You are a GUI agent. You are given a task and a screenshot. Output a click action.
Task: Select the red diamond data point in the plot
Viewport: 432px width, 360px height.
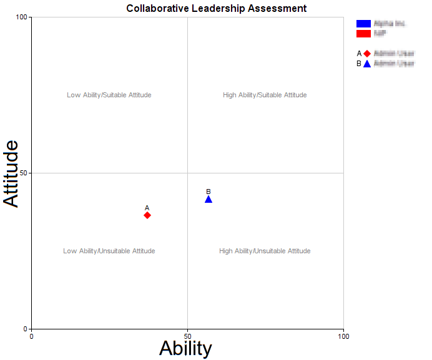click(x=147, y=215)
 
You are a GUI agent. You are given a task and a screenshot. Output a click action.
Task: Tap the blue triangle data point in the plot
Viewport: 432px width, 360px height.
click(x=209, y=199)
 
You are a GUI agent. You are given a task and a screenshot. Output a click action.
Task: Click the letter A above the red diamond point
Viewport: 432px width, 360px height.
click(x=147, y=208)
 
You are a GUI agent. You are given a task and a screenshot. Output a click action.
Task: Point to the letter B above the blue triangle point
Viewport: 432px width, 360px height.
click(x=209, y=192)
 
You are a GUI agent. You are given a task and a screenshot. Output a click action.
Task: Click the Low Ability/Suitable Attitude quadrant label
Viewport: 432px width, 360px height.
click(x=109, y=95)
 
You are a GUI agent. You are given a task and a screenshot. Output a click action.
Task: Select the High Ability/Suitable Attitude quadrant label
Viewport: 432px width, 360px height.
click(x=265, y=95)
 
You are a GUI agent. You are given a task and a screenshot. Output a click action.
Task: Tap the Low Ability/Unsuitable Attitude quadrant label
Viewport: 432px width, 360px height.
click(x=109, y=251)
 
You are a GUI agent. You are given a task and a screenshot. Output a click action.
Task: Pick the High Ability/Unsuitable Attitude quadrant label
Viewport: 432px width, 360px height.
click(x=265, y=251)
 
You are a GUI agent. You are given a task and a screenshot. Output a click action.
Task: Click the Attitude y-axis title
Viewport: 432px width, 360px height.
click(x=12, y=173)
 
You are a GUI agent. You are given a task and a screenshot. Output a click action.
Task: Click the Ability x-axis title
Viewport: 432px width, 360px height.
click(x=185, y=348)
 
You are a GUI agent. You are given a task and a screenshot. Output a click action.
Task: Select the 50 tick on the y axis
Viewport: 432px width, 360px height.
click(x=24, y=173)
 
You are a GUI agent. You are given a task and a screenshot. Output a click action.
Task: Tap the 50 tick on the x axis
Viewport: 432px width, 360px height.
click(x=187, y=336)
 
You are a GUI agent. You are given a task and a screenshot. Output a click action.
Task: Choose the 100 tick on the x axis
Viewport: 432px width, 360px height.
click(x=343, y=336)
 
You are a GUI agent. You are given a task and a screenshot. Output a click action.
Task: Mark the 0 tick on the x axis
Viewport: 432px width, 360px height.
click(x=31, y=336)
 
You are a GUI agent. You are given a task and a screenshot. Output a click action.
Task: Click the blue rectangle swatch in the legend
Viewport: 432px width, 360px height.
click(x=363, y=24)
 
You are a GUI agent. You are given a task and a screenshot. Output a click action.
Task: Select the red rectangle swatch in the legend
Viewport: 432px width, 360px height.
click(x=363, y=33)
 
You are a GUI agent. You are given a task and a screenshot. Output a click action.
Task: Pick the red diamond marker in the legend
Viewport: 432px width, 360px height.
click(x=367, y=54)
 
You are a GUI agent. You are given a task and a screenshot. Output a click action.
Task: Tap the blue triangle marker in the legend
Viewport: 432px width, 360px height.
click(x=367, y=64)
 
